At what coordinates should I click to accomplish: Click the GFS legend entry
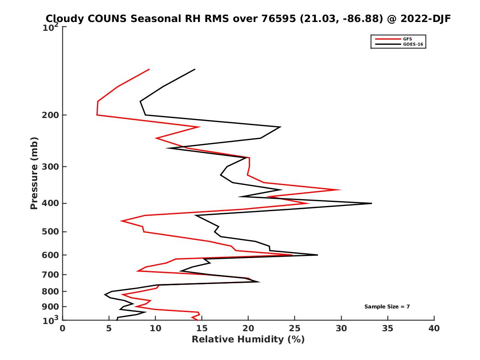click(408, 39)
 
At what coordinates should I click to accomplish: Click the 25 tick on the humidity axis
click(295, 328)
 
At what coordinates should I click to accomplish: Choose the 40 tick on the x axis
click(434, 328)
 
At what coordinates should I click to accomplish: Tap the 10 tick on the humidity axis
click(155, 328)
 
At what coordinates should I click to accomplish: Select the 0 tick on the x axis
click(63, 328)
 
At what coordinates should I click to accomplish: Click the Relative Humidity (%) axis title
click(248, 340)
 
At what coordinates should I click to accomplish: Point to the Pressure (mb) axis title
click(34, 173)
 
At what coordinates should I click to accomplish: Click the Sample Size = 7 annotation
click(387, 307)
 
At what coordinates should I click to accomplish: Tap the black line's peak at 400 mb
click(372, 203)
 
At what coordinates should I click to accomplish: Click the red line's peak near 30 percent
click(341, 190)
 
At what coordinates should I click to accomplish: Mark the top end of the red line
click(149, 69)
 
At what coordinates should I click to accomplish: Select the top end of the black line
click(195, 69)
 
